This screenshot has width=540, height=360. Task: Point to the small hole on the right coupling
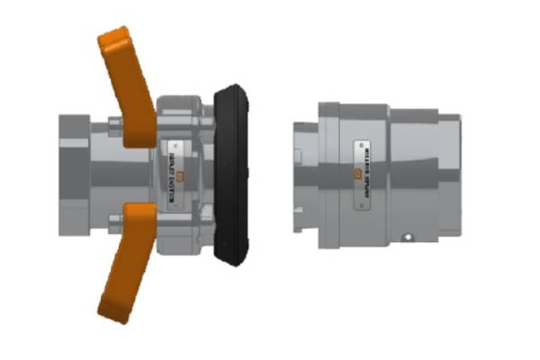pos(408,238)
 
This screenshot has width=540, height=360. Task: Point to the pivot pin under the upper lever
pos(116,125)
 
